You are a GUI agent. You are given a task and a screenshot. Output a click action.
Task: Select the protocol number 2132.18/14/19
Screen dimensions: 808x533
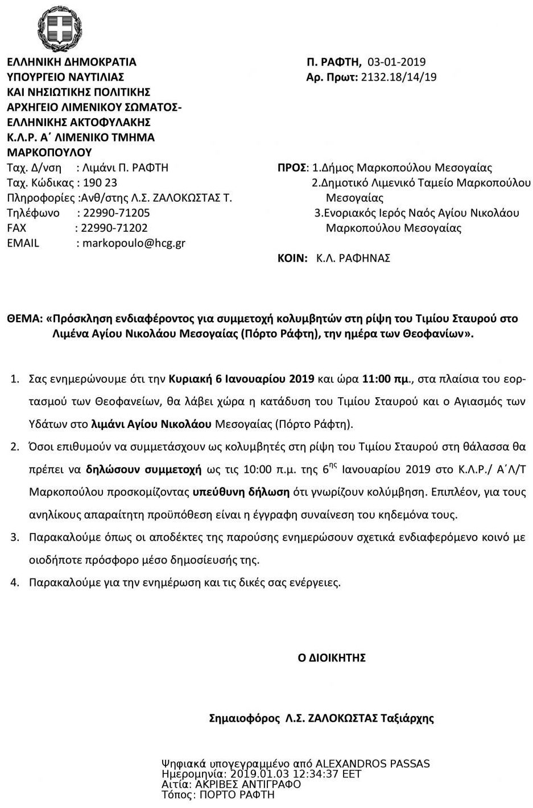click(x=399, y=77)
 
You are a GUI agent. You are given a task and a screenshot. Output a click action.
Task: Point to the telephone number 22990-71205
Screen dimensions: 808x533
click(x=117, y=213)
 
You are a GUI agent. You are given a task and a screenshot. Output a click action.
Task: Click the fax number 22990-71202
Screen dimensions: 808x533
click(x=114, y=228)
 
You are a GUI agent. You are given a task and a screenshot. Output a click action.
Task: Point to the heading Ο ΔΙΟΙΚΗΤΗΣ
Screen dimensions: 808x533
click(x=332, y=658)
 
